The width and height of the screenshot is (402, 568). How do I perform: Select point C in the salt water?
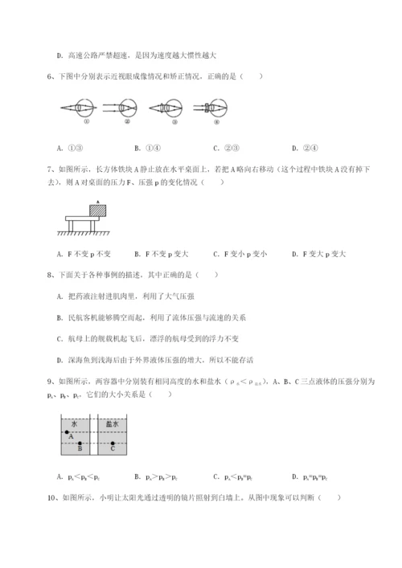pos(113,443)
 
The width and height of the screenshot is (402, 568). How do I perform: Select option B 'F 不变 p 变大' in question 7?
pos(161,255)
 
